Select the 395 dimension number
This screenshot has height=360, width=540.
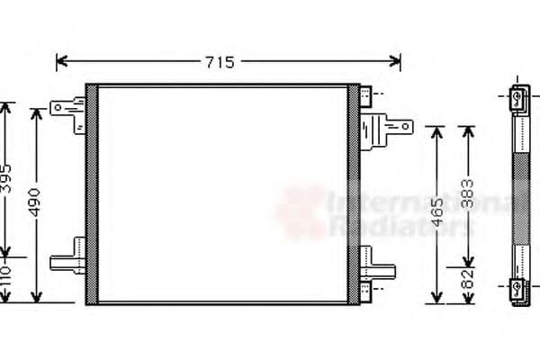(5, 181)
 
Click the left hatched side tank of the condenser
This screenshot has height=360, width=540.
(91, 193)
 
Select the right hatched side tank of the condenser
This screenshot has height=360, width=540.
(354, 193)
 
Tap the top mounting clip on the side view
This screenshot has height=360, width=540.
(519, 99)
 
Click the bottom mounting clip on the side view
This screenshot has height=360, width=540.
(519, 290)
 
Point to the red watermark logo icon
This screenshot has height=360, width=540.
(302, 211)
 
